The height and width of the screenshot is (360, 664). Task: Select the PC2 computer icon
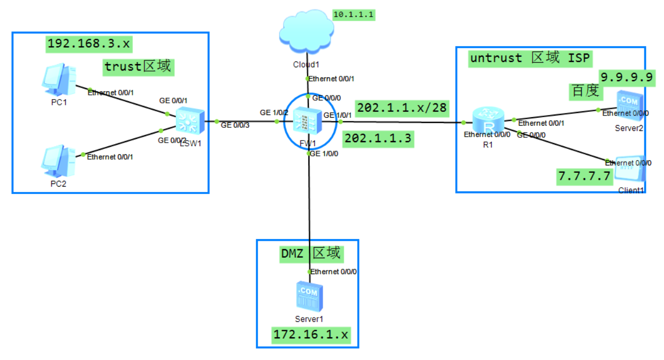(x=59, y=162)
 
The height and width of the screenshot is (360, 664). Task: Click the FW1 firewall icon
(x=306, y=121)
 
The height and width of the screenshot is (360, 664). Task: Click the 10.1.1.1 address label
(x=353, y=15)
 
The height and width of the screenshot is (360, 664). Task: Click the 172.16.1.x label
(x=311, y=335)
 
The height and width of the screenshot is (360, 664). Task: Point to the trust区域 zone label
(x=138, y=66)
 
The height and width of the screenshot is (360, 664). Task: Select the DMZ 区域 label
(x=311, y=254)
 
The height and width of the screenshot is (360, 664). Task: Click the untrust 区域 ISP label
(x=529, y=58)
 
